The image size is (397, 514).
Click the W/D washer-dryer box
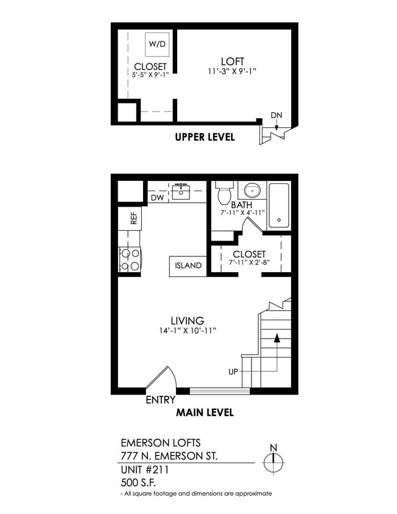[157, 44]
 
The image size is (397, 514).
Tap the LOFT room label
[233, 62]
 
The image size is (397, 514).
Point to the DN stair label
[276, 116]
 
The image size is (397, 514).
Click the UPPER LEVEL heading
[205, 137]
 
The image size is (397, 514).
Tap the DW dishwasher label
[156, 197]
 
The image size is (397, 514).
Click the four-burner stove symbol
[130, 259]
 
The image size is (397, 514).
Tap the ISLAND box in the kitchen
[188, 266]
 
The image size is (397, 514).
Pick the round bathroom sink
[250, 191]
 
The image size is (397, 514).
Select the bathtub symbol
[279, 205]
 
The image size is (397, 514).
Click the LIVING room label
[187, 320]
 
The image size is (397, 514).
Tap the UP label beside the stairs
[233, 371]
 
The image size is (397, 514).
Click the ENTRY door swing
[161, 379]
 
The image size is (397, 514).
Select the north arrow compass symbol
[273, 462]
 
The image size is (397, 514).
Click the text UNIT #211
[145, 470]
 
